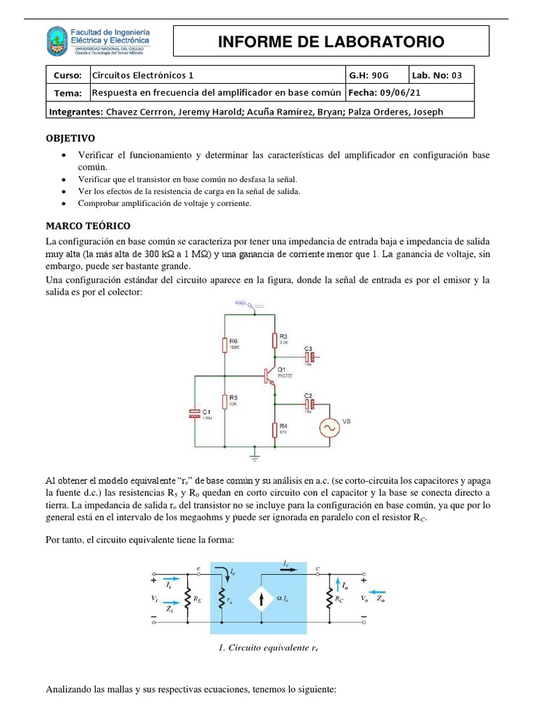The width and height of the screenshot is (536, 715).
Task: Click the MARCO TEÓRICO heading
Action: (x=87, y=226)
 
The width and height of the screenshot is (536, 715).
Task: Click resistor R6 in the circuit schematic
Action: (x=225, y=345)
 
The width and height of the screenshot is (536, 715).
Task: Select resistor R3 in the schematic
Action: (x=274, y=340)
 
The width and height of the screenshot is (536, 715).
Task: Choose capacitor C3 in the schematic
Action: (x=312, y=357)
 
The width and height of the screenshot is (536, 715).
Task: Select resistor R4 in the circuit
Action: (x=274, y=429)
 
